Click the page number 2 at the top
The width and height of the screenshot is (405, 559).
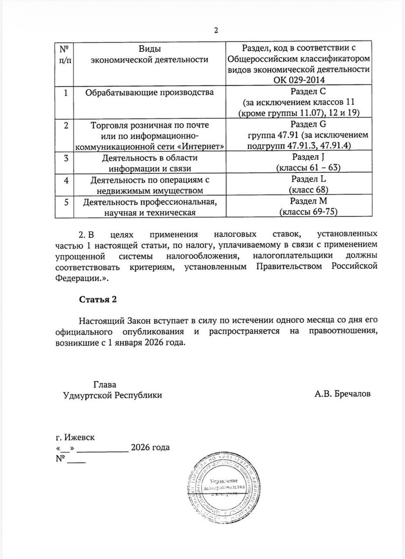pyautogui.click(x=216, y=32)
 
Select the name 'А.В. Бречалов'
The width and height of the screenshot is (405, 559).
pyautogui.click(x=343, y=395)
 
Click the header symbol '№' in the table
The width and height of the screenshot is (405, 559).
pyautogui.click(x=65, y=48)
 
